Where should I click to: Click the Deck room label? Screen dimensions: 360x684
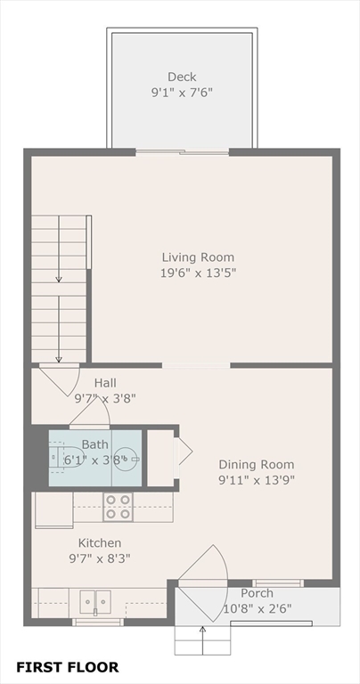[x=182, y=77]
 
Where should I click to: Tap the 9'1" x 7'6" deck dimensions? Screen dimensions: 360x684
[x=182, y=93]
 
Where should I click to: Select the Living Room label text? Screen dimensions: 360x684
[x=198, y=256]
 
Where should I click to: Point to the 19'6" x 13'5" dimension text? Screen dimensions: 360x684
[x=198, y=273]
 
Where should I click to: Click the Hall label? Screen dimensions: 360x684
[x=106, y=383]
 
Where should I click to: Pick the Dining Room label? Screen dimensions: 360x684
[x=257, y=464]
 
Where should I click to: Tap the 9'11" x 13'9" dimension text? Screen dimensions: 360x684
[x=257, y=480]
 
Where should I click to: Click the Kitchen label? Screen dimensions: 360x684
[x=100, y=542]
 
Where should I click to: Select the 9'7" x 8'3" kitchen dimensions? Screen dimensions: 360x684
[x=100, y=558]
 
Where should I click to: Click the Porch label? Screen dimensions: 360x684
[x=257, y=593]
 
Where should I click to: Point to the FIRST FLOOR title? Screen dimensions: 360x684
[x=67, y=667]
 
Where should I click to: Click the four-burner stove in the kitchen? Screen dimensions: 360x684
[x=119, y=507]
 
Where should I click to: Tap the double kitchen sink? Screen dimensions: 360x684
[x=95, y=602]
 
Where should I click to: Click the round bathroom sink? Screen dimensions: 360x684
[x=127, y=459]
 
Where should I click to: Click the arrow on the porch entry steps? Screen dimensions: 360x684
[x=202, y=640]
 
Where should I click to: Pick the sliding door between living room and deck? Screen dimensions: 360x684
[x=182, y=152]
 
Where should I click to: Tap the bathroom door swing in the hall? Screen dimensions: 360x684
[x=89, y=412]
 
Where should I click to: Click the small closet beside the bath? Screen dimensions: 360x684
[x=160, y=458]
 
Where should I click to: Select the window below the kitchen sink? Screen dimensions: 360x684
[x=98, y=622]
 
